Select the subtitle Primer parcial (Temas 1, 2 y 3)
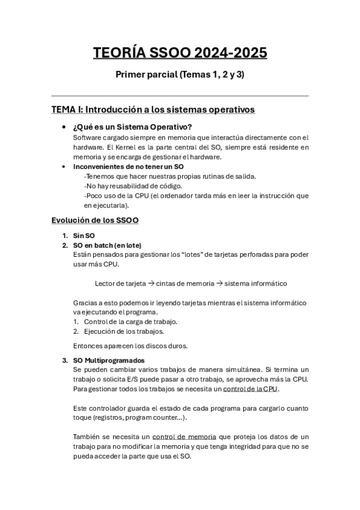[x=180, y=76]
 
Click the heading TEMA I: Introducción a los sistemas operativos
[x=153, y=109]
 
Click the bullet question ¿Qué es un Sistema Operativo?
[x=132, y=127]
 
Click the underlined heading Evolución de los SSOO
[x=96, y=220]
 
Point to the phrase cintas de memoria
[x=186, y=283]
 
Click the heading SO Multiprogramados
[x=108, y=360]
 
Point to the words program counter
[x=151, y=417]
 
